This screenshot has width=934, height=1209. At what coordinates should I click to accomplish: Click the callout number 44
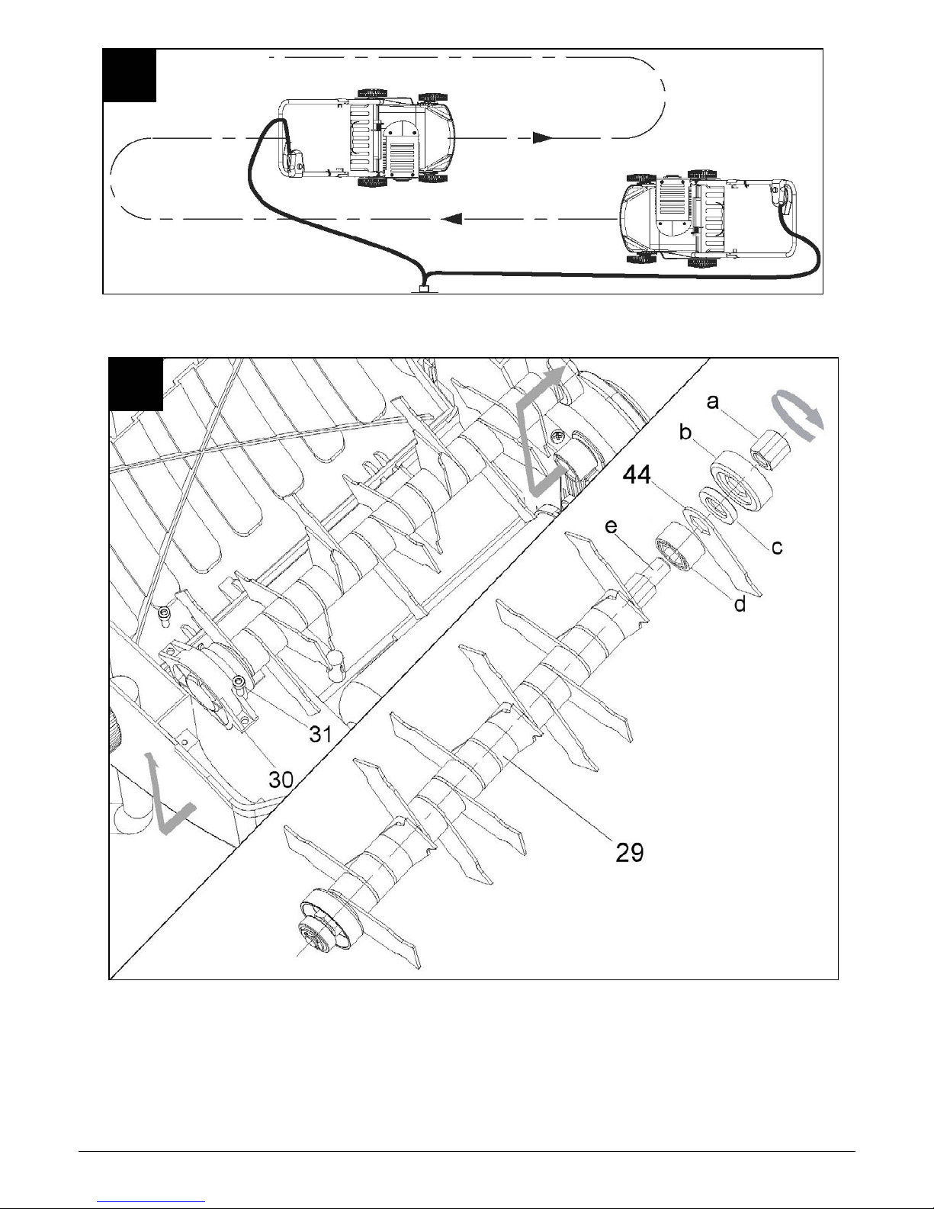637,475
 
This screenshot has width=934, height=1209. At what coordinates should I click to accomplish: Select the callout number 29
629,852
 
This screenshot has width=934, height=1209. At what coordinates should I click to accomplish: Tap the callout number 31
321,735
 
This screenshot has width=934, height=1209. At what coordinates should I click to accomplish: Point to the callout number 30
281,780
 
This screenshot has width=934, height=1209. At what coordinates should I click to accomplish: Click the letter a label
713,401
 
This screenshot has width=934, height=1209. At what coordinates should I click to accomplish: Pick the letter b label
685,431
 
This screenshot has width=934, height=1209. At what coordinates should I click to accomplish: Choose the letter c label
777,548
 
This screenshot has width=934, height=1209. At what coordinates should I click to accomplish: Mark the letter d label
740,603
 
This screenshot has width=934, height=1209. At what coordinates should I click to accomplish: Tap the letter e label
611,526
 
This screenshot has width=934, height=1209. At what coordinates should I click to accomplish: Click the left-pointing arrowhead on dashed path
453,219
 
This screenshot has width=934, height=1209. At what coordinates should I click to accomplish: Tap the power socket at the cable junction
425,289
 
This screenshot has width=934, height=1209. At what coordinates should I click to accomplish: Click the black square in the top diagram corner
129,76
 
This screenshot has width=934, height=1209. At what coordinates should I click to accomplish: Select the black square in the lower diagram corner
136,384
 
